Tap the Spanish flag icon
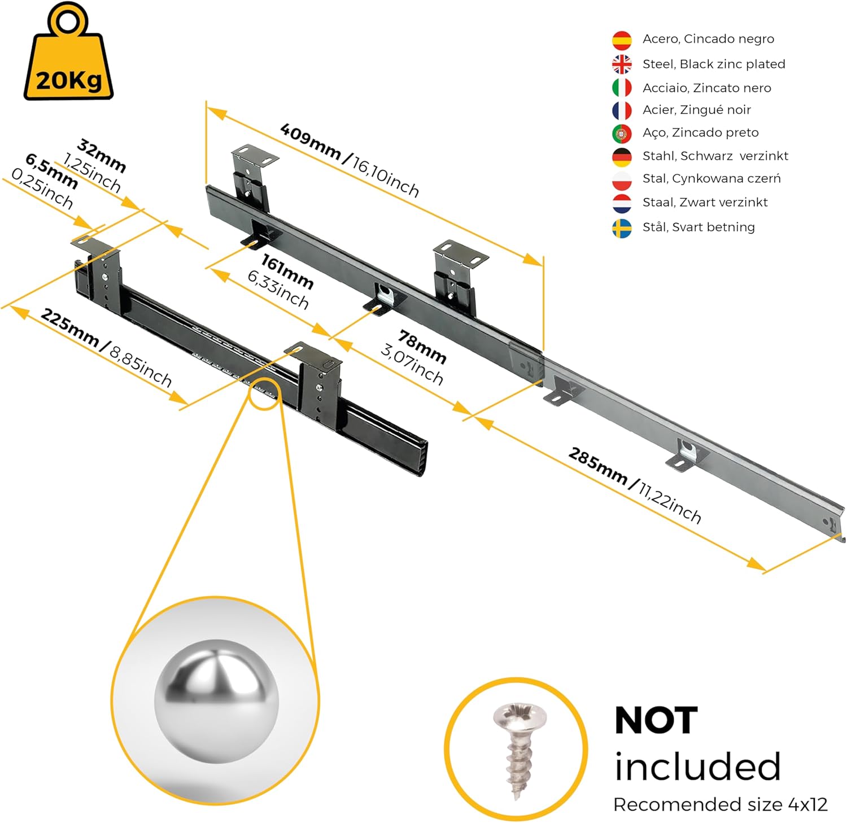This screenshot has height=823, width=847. (x=622, y=40)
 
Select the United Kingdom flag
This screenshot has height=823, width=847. (x=622, y=64)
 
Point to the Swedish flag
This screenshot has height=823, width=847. (x=622, y=228)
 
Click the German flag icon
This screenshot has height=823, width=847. (x=622, y=157)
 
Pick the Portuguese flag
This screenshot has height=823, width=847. (x=622, y=133)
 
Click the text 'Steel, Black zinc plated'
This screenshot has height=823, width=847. (x=714, y=64)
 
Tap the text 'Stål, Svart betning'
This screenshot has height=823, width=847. (x=698, y=227)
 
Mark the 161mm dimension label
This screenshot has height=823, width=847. (x=287, y=271)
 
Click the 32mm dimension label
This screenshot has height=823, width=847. (x=101, y=155)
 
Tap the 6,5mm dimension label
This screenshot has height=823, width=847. (x=51, y=170)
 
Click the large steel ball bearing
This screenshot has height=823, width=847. (x=216, y=701)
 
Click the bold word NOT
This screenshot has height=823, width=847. (x=656, y=720)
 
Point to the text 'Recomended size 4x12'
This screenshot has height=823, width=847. (x=720, y=804)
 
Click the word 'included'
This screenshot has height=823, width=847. (x=697, y=767)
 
